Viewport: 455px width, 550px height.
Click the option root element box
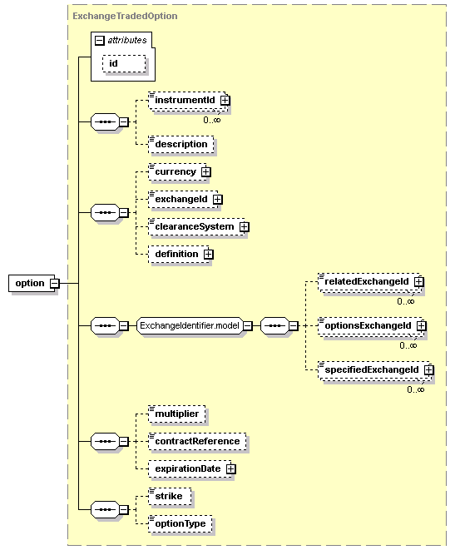pos(32,283)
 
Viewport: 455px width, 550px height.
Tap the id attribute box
pos(124,63)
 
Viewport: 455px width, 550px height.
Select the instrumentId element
pos(188,101)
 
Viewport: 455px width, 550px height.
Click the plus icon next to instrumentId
pos(225,101)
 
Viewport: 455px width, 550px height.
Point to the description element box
pos(181,145)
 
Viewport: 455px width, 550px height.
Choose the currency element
pos(178,172)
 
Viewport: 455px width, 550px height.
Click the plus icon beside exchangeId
pos(218,199)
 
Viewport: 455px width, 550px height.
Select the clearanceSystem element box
pos(197,226)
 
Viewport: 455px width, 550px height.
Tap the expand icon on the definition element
pos(209,254)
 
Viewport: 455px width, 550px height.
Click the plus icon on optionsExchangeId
pos(422,326)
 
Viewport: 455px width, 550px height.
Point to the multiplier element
pos(176,414)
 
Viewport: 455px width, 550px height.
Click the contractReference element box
pos(197,441)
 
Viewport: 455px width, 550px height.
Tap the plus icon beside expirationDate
pos(231,469)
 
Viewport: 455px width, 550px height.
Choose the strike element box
pos(170,497)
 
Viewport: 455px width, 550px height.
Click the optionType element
pos(181,523)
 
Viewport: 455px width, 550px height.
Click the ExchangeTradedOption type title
pos(125,16)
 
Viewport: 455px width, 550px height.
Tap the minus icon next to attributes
pos(100,41)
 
